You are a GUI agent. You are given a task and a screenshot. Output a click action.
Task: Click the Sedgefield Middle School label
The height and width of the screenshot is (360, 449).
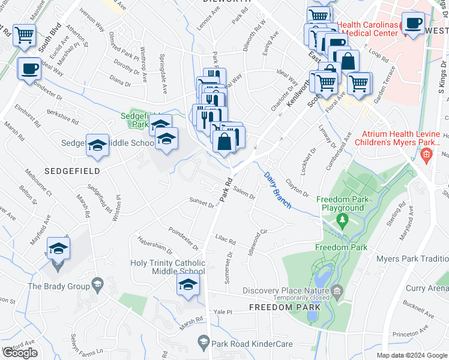[x=108, y=143]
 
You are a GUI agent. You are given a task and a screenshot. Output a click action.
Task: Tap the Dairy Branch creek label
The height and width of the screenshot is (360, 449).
[x=277, y=191]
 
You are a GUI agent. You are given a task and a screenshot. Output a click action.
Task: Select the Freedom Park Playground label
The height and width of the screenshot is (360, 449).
[x=340, y=204]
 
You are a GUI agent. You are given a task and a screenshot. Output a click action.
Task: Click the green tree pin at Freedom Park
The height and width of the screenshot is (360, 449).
[x=342, y=220]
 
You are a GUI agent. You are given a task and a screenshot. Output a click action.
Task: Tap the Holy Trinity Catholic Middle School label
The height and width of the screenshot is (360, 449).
[x=168, y=267]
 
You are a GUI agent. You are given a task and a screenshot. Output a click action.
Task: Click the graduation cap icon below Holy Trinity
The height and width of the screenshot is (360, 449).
[x=188, y=284]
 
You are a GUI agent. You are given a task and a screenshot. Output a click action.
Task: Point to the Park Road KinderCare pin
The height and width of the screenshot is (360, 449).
[x=202, y=343]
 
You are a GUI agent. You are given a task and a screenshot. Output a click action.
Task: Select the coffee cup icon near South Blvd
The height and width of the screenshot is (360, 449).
[x=29, y=69]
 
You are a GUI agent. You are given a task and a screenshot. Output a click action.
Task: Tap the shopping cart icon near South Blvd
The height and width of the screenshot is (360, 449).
[x=24, y=35]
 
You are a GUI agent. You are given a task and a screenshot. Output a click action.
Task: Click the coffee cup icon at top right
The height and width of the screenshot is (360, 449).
[x=412, y=23]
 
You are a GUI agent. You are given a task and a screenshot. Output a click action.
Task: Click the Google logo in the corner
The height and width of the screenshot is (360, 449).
[x=20, y=353]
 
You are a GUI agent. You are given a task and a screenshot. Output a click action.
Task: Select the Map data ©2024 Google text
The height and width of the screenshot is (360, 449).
[x=412, y=355]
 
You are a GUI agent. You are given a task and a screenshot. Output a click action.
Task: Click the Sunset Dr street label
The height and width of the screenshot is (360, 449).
[x=202, y=202]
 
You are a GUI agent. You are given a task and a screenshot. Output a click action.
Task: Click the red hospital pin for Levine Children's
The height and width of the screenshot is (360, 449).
[x=427, y=157]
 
